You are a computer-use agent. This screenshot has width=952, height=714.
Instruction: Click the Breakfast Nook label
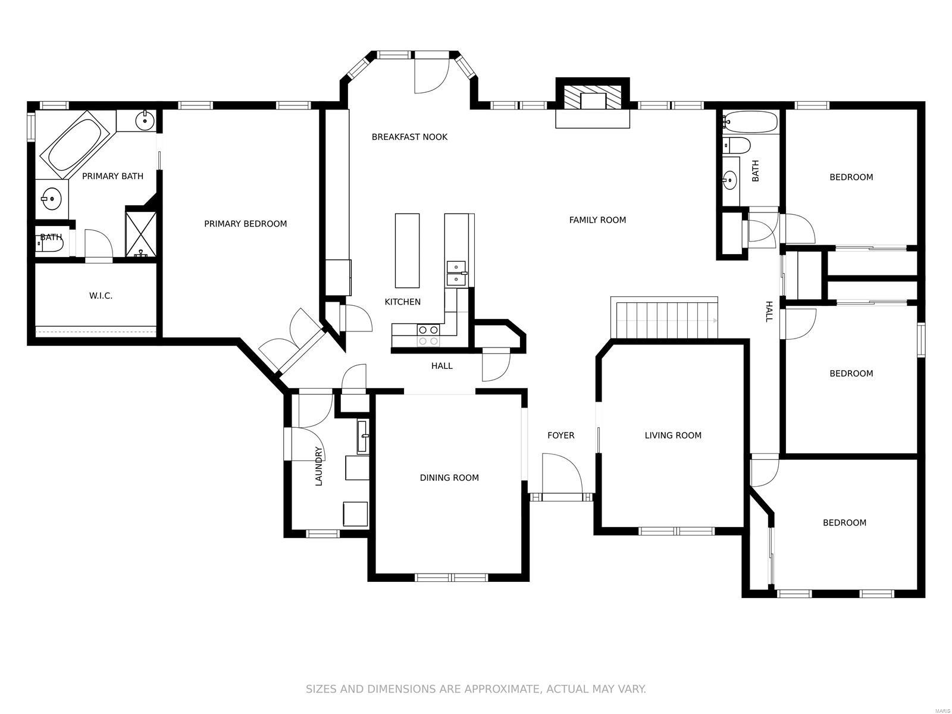(x=409, y=137)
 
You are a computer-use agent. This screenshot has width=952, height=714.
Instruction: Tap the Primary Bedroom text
(x=246, y=224)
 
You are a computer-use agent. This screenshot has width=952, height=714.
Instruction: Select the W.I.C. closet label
(x=101, y=296)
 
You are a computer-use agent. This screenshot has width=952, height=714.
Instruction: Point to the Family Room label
(x=597, y=220)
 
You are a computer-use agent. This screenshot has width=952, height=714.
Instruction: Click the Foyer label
(x=561, y=436)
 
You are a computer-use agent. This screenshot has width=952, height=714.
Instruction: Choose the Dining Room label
(x=449, y=478)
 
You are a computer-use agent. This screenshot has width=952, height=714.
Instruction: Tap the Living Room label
(x=673, y=436)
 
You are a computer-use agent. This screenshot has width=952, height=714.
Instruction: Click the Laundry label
(x=319, y=466)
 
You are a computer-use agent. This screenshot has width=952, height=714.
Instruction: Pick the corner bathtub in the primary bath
(x=74, y=145)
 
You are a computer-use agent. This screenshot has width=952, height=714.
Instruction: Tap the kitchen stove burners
(x=428, y=336)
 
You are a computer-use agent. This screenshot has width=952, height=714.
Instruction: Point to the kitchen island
(x=407, y=250)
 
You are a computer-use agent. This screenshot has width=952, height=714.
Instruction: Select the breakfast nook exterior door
(x=431, y=74)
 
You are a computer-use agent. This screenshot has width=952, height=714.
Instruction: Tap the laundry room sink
(x=363, y=437)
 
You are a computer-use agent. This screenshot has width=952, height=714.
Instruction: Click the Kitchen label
(x=402, y=302)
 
